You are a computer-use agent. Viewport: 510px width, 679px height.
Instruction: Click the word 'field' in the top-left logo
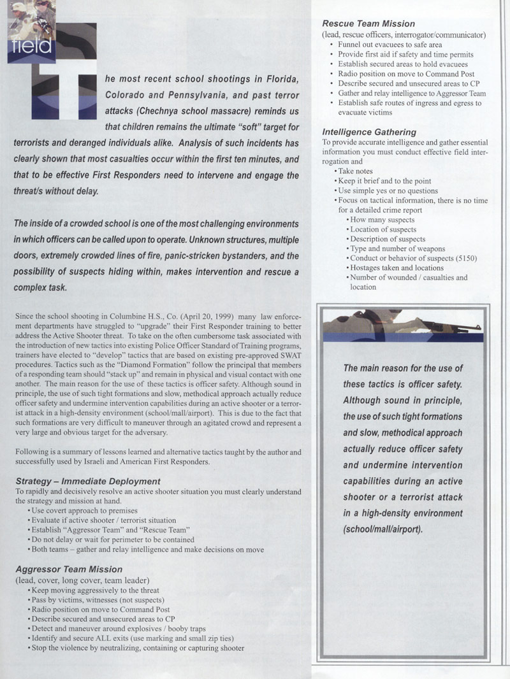tap(30, 46)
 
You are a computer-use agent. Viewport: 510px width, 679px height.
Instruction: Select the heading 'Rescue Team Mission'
tap(368, 24)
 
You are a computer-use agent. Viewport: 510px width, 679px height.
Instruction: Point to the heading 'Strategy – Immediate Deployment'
tap(87, 482)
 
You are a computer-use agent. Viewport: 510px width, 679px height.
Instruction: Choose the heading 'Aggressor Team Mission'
tap(69, 569)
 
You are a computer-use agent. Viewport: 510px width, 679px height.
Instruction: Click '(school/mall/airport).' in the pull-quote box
tap(383, 529)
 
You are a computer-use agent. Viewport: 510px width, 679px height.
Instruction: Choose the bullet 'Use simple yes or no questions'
tap(390, 191)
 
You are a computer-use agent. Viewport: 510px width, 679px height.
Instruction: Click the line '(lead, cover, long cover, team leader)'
tap(82, 580)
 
